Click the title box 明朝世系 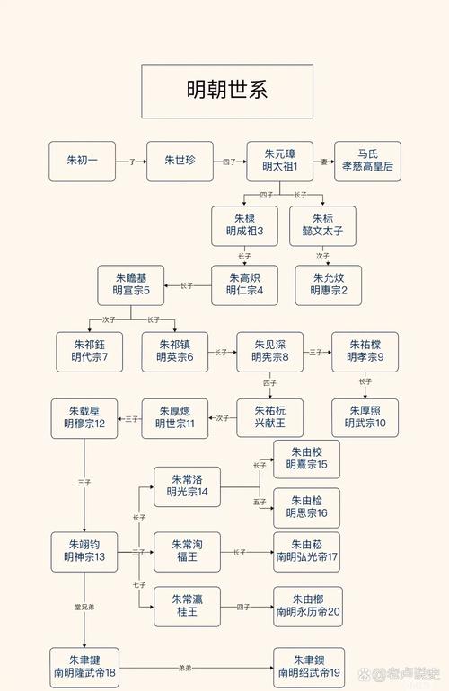tap(226, 92)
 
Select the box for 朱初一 tap(83, 162)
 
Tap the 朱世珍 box tap(180, 162)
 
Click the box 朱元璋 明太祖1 tap(280, 162)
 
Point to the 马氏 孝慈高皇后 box tap(367, 162)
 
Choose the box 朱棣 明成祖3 tap(244, 226)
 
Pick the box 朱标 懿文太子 tap(322, 226)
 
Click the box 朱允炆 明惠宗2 tap(329, 285)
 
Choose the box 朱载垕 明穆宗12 tap(84, 418)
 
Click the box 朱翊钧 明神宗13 tap(84, 551)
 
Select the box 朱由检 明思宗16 tap(306, 508)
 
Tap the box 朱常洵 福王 tap(187, 551)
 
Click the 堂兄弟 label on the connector tap(84, 608)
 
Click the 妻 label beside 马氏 tap(324, 162)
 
